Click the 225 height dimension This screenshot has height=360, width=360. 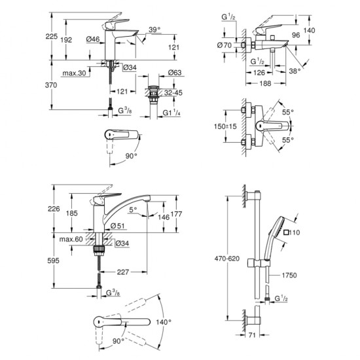(x=51, y=37)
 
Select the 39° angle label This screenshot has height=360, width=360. (x=154, y=29)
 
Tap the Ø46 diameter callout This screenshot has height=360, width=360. (x=93, y=39)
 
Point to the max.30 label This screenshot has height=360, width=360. (x=74, y=73)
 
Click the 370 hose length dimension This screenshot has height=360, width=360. (x=51, y=85)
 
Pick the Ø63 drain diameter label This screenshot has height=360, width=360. (x=175, y=73)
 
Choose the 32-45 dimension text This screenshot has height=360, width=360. (x=173, y=93)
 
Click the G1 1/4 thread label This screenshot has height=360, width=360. (x=171, y=113)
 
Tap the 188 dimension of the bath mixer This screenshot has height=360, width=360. (x=265, y=83)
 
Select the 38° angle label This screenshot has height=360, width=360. (x=295, y=71)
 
